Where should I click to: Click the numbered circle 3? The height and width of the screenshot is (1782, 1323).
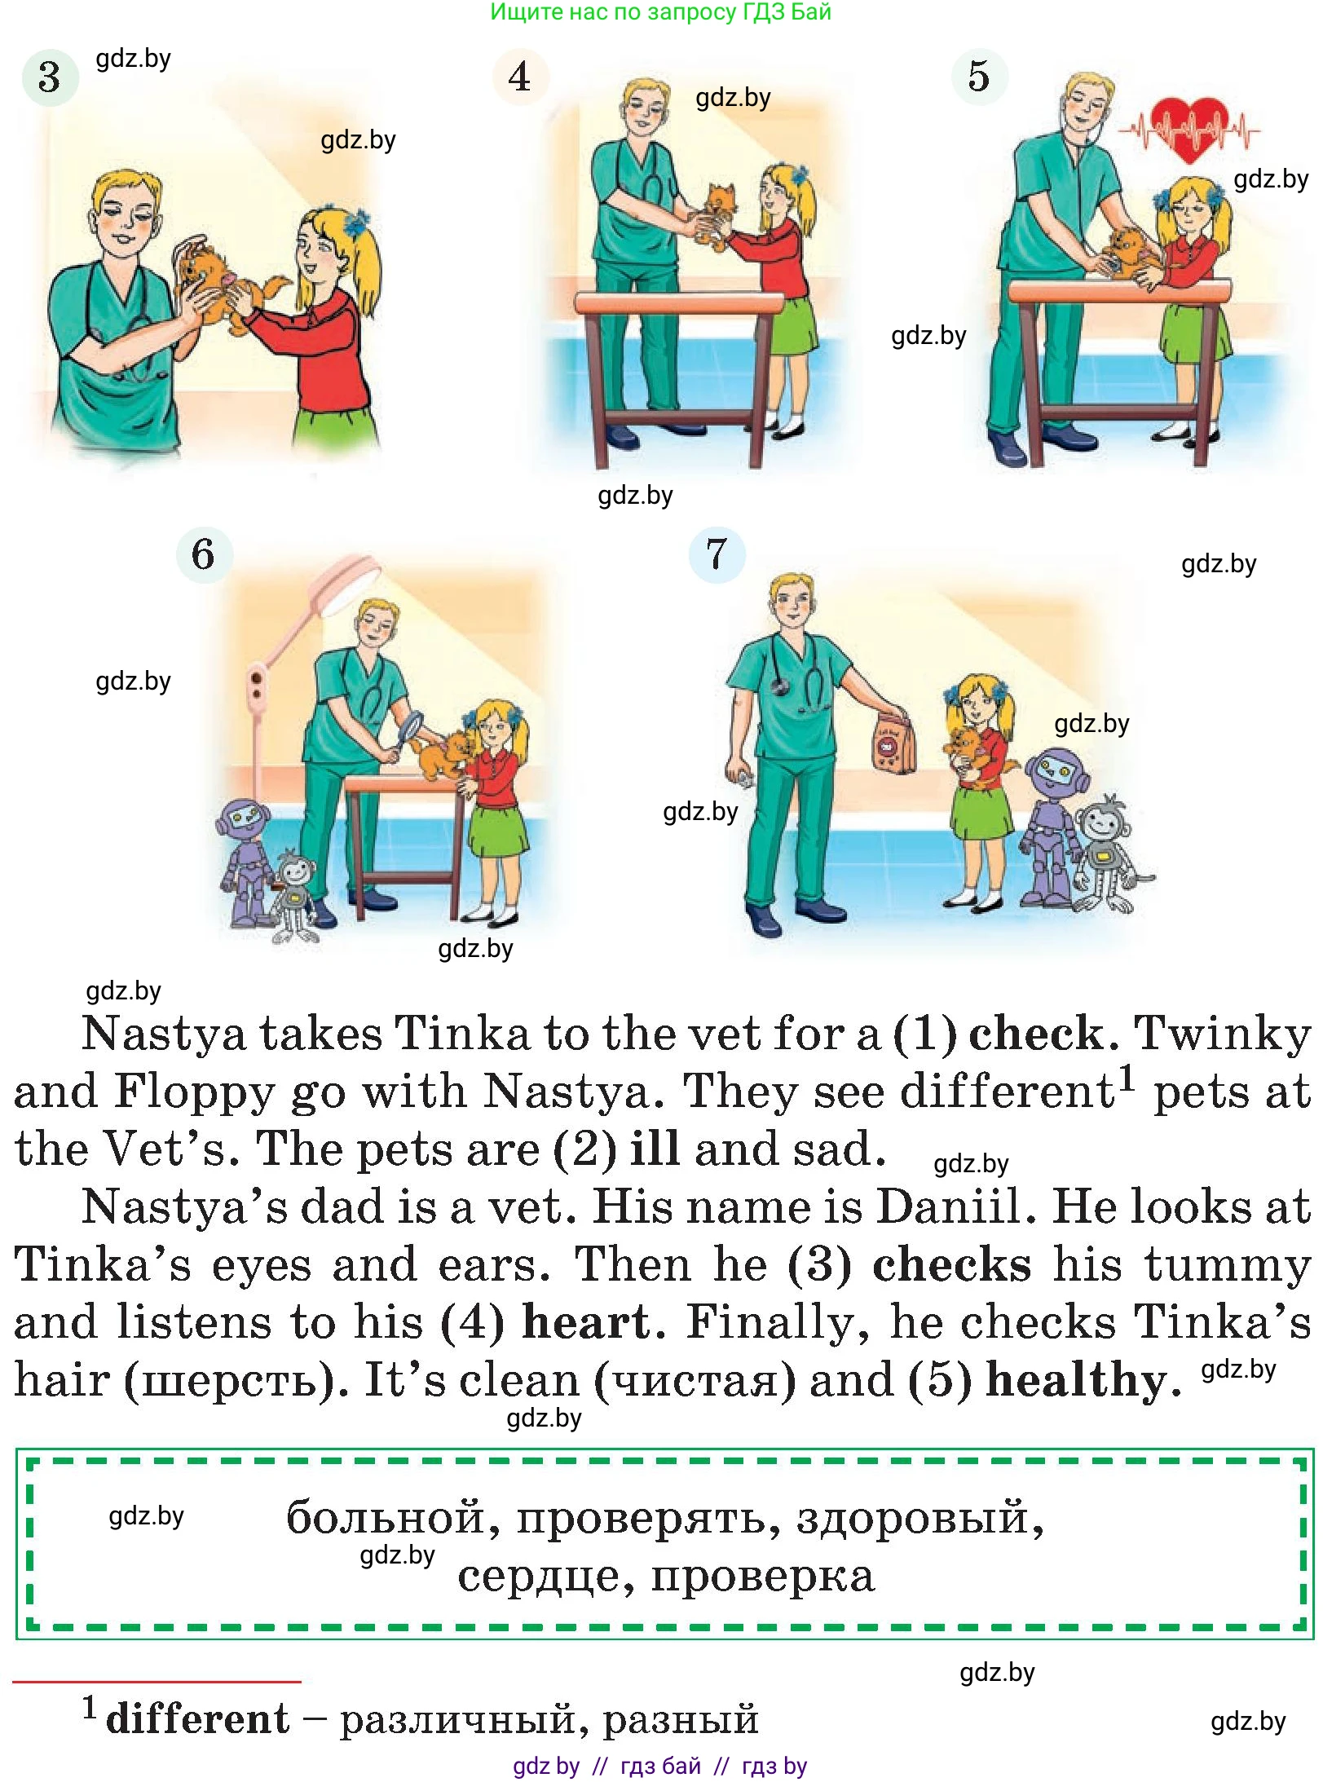(50, 77)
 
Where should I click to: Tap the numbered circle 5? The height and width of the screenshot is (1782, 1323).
(979, 76)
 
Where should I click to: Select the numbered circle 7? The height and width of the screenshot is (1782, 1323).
(717, 554)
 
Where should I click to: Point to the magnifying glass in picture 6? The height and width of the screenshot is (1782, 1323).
(408, 728)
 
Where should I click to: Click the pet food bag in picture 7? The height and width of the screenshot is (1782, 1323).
(893, 742)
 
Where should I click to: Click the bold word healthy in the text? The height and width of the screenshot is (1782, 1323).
(1083, 1379)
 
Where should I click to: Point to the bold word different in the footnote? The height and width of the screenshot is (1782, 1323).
(197, 1718)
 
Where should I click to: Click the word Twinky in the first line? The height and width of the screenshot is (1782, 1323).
(1223, 1034)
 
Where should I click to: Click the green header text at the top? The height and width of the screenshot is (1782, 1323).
(660, 12)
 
